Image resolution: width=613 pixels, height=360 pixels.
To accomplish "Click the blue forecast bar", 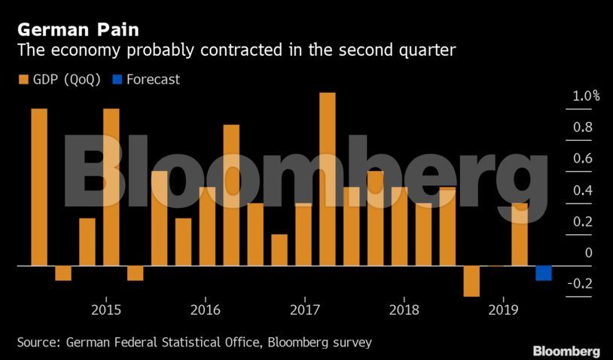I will click(x=544, y=273).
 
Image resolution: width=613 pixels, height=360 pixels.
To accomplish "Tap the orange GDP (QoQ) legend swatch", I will click(x=21, y=79).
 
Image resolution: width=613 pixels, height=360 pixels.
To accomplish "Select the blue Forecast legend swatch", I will click(x=116, y=79).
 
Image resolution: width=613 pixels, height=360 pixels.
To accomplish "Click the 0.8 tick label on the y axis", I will click(x=583, y=127).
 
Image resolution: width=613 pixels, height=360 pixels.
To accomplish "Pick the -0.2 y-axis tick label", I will click(x=580, y=284).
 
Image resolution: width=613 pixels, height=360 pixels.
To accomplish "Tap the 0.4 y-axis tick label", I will click(x=583, y=190).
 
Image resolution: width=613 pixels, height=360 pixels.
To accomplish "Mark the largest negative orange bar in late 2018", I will click(x=471, y=281).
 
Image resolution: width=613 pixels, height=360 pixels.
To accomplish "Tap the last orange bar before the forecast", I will click(x=520, y=234).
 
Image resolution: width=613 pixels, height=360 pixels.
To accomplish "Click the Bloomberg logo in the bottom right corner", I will click(x=566, y=351).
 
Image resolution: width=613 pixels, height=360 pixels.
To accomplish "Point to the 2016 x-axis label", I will click(x=205, y=309).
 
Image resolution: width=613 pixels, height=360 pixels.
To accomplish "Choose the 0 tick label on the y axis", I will click(x=588, y=252).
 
